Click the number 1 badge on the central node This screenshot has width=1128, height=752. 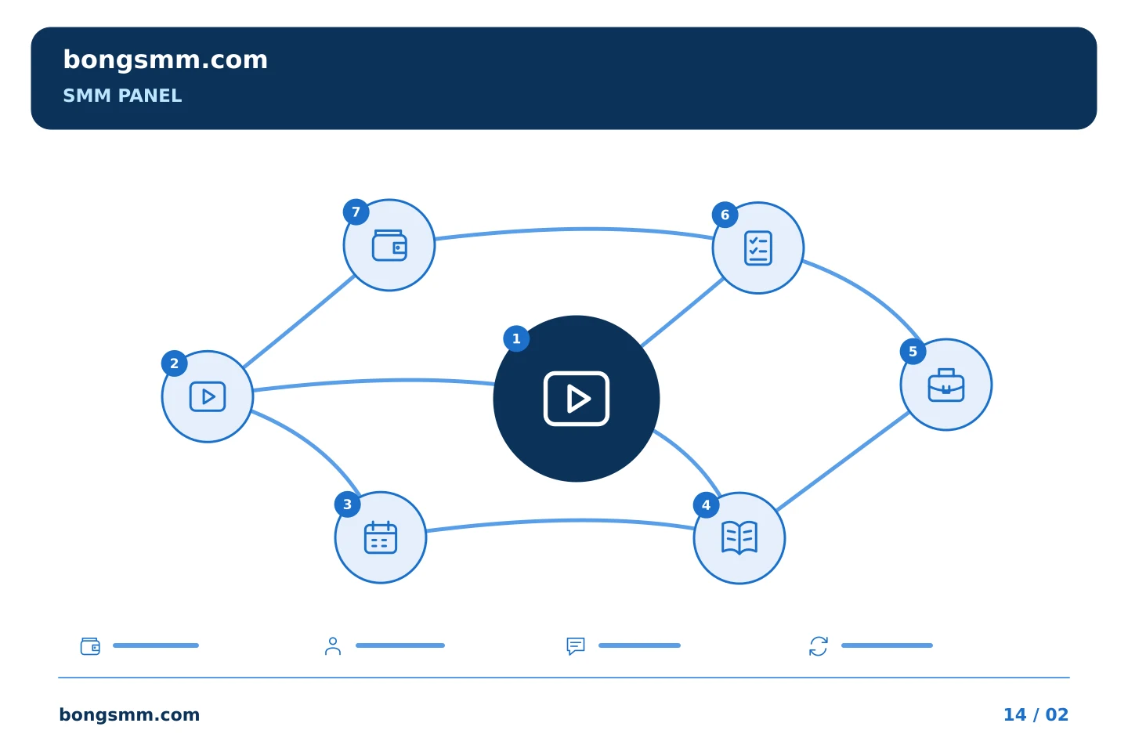[x=516, y=338]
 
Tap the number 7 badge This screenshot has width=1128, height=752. [x=356, y=211]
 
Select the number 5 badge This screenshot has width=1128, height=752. [x=913, y=351]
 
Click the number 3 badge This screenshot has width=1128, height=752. [x=348, y=504]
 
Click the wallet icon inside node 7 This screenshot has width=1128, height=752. [x=389, y=245]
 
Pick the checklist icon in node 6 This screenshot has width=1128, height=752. [x=758, y=248]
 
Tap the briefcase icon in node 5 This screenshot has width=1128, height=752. [x=946, y=385]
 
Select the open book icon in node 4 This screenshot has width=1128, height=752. [x=739, y=538]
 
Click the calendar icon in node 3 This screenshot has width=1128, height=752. [x=381, y=537]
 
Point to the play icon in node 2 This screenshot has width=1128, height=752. [x=208, y=396]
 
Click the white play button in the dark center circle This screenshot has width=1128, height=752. [x=577, y=399]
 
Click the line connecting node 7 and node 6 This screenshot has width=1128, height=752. [x=574, y=230]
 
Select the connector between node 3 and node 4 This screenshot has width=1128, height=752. [x=560, y=521]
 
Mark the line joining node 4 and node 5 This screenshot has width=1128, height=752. [x=843, y=462]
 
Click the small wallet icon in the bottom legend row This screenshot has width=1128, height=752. [x=90, y=645]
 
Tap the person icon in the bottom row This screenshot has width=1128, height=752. [x=333, y=645]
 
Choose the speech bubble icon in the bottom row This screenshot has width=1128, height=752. [x=576, y=646]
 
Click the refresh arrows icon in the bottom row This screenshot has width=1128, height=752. [x=819, y=646]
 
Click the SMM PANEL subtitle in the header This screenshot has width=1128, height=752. [x=122, y=96]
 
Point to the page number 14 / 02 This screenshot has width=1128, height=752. [x=1036, y=714]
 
